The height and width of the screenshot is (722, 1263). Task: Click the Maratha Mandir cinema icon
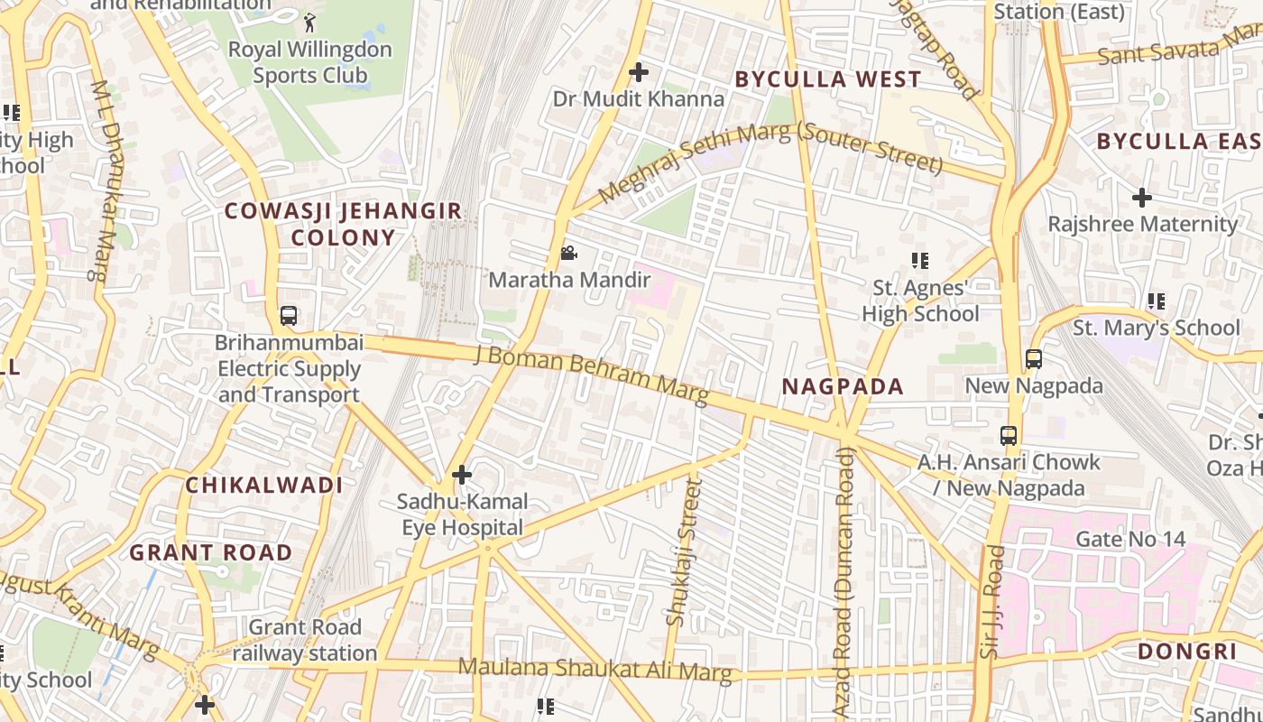(568, 254)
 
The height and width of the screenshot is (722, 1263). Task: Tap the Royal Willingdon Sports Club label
(309, 62)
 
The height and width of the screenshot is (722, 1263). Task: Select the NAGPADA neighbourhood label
(842, 387)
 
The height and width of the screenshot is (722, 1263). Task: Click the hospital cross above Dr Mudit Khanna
(639, 72)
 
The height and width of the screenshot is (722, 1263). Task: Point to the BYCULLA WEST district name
(827, 79)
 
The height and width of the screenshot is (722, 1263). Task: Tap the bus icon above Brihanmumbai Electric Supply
(289, 316)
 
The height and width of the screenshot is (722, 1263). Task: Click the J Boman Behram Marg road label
(591, 373)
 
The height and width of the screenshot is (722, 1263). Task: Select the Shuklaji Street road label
(683, 552)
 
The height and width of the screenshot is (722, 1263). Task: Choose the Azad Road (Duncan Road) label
(843, 582)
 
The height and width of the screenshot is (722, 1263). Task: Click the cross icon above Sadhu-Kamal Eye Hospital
(462, 474)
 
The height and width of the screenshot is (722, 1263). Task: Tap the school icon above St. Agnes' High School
(919, 261)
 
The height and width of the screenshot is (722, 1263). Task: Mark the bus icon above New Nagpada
(1034, 359)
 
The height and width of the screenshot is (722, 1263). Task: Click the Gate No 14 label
(1130, 540)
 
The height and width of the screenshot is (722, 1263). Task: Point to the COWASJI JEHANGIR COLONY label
(343, 224)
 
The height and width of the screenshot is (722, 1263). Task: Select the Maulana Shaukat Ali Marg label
(595, 670)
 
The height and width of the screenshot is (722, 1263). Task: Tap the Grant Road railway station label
(304, 640)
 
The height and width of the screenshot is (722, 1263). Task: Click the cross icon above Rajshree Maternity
(1142, 197)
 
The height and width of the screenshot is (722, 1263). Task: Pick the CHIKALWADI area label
(263, 486)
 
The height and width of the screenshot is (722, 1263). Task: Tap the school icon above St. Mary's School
(1156, 301)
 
